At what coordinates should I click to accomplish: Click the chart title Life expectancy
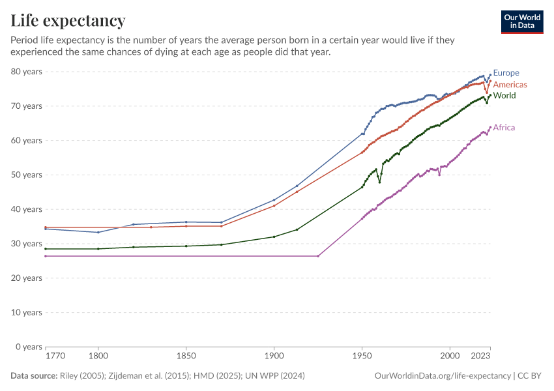click(x=68, y=21)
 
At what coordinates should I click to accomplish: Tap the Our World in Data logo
click(x=522, y=22)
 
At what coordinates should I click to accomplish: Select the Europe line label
click(x=506, y=73)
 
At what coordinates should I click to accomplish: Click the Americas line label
click(x=510, y=85)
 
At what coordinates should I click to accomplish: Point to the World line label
click(x=504, y=96)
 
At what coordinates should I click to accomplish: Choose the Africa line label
click(x=504, y=127)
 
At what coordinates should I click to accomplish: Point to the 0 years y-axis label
click(x=29, y=347)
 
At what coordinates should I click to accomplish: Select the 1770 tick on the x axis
click(x=55, y=356)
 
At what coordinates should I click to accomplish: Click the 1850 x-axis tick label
click(x=186, y=356)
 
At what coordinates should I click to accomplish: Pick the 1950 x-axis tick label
click(x=362, y=356)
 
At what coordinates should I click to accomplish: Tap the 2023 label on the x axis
click(x=481, y=356)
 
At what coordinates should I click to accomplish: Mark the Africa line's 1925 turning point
click(x=318, y=256)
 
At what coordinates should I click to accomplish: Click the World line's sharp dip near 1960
click(x=379, y=182)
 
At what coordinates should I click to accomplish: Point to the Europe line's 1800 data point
click(x=98, y=232)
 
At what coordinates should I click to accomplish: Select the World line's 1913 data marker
click(x=297, y=229)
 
